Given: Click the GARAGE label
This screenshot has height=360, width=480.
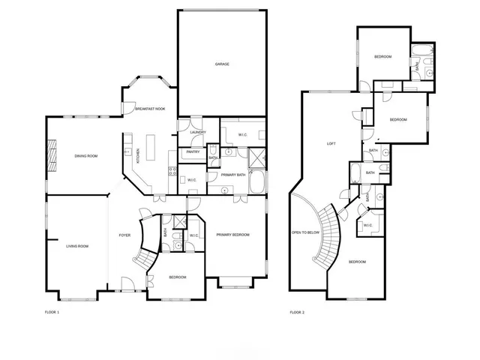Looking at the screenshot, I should click(x=222, y=64).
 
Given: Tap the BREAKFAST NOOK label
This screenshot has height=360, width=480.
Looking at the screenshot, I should click(x=149, y=109).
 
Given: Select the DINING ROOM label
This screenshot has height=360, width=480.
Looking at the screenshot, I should click(x=86, y=156).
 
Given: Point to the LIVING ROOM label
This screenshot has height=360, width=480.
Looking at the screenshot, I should click(x=77, y=246).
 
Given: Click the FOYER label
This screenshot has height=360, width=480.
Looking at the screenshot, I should click(x=124, y=235).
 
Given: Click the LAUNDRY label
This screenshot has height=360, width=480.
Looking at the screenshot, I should click(x=198, y=133).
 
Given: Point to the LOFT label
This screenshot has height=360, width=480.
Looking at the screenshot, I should click(x=331, y=143).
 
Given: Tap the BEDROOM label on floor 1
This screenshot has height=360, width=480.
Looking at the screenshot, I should click(x=177, y=277).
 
